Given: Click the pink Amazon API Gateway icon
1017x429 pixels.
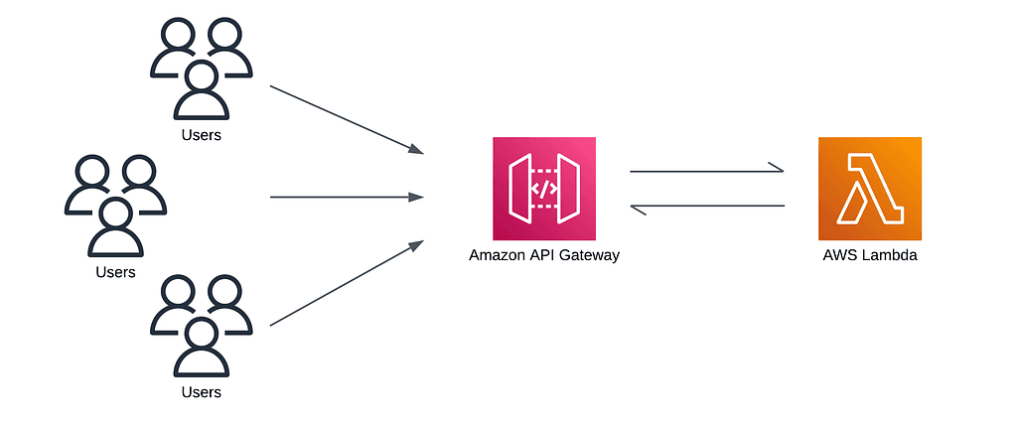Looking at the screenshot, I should tap(544, 189).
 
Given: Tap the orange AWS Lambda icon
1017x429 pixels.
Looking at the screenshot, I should tap(869, 189).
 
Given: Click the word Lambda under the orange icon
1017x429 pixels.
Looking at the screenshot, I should tap(890, 255).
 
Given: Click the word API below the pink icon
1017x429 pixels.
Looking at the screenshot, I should tap(543, 255).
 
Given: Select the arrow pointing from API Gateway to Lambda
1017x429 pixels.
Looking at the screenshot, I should tap(707, 172).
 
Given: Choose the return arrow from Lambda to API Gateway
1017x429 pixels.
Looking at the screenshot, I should tap(707, 207).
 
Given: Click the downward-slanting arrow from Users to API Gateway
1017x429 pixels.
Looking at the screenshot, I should tap(347, 119).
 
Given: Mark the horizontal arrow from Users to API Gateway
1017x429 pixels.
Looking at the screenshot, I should tap(347, 197).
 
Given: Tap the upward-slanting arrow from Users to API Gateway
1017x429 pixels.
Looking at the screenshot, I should tap(347, 283).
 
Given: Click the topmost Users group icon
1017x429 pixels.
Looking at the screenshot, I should tap(201, 70).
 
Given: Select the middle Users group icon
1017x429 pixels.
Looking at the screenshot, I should tap(115, 206).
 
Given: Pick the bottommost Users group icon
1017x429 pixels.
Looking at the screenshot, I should tap(201, 328).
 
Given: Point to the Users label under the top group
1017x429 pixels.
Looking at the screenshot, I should tap(201, 135).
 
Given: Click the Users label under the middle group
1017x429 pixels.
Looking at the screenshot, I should tap(115, 271).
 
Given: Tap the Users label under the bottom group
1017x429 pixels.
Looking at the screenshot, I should tap(201, 392).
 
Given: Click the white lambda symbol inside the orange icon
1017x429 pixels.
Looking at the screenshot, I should tap(869, 189).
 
